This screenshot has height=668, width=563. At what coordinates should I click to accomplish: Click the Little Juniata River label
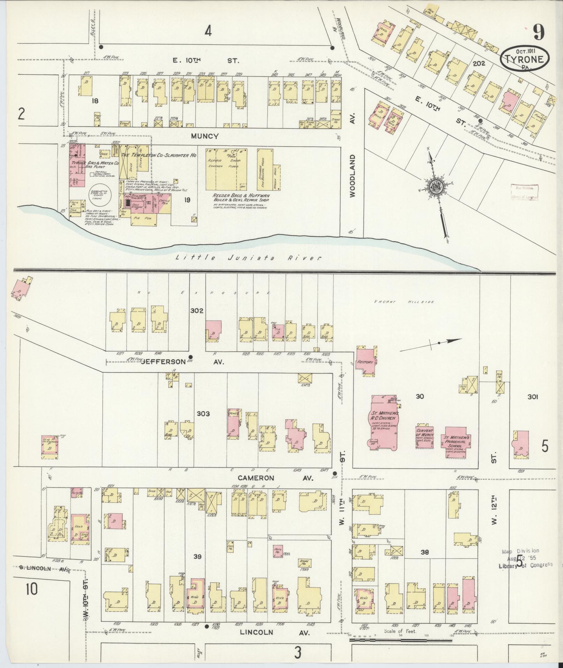(x=248, y=258)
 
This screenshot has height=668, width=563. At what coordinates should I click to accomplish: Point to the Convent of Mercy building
(x=424, y=436)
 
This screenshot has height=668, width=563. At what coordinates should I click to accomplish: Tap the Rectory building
(x=365, y=362)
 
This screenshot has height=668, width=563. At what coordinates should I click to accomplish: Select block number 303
(x=203, y=414)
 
